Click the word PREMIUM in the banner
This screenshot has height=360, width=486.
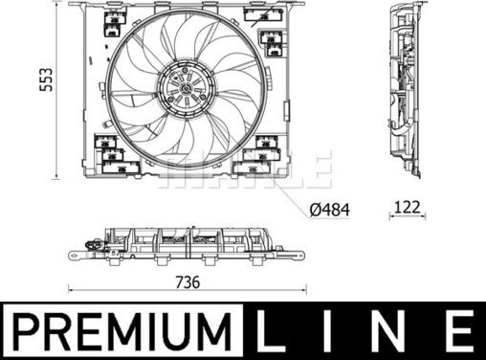[121, 331]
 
